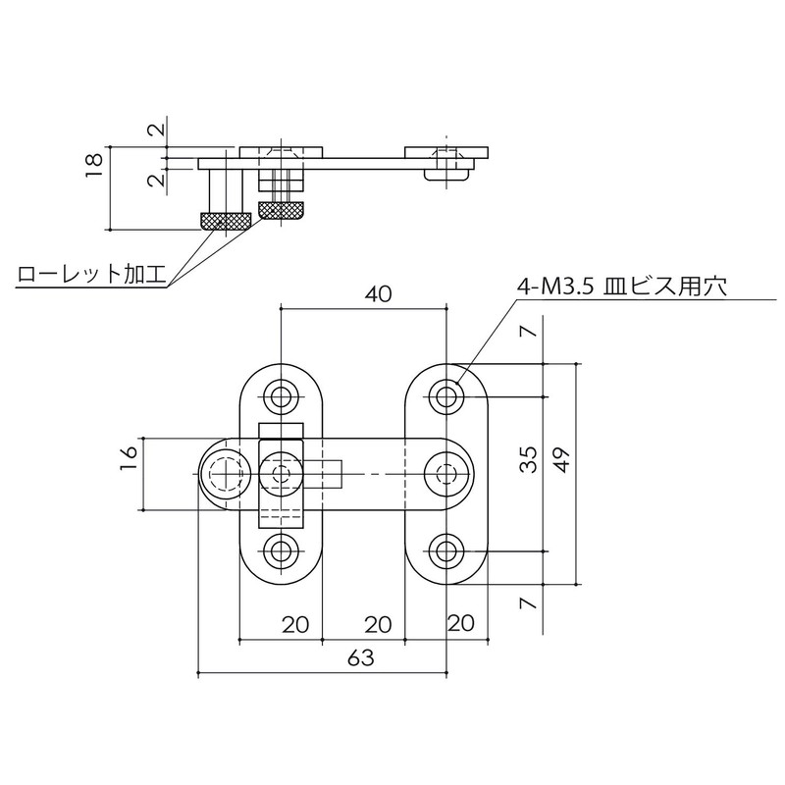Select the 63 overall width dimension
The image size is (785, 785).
coord(362,658)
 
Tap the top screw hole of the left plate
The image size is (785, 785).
coord(282,397)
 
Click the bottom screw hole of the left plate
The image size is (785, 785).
coord(282,550)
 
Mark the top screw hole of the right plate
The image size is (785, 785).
coord(446,397)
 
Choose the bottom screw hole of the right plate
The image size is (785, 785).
coord(446,550)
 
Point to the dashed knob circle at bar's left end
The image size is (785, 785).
coord(224,474)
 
